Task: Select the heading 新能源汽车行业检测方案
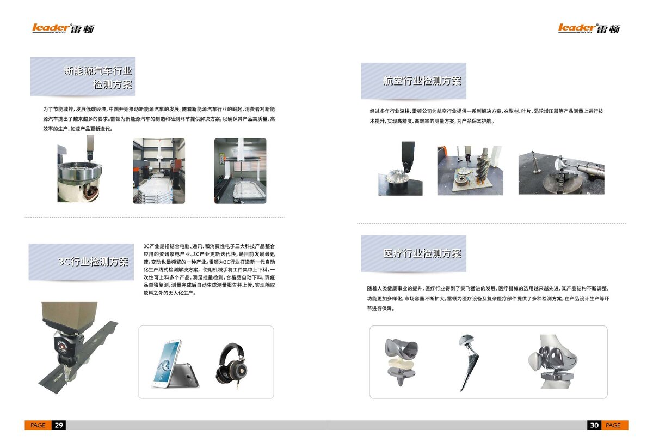click(97, 77)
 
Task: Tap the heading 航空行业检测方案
click(422, 81)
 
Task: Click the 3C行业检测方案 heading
click(93, 262)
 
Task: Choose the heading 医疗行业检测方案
click(422, 253)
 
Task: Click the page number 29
click(59, 425)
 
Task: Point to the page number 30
click(594, 425)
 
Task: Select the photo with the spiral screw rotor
click(470, 170)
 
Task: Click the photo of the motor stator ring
click(81, 170)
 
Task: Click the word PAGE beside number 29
click(38, 425)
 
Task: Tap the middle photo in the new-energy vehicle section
click(159, 171)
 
